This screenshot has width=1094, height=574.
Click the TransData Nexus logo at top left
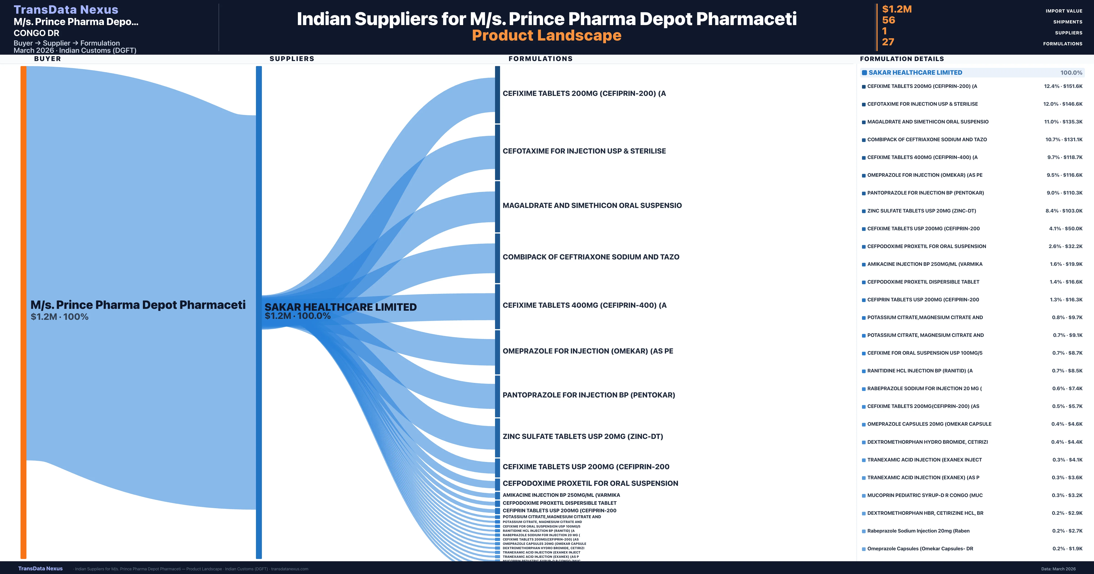(66, 9)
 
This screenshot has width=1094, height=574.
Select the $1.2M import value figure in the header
(897, 9)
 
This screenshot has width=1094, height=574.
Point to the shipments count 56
(888, 20)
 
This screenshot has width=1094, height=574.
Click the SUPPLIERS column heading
(292, 59)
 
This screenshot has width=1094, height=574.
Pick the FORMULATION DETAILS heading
(902, 59)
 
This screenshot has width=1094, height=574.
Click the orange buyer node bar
(23, 312)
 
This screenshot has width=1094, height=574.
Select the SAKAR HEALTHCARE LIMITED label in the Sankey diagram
(340, 307)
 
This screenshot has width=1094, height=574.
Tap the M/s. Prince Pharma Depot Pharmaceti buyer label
(138, 305)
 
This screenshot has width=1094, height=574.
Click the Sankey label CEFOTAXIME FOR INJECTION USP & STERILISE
(584, 151)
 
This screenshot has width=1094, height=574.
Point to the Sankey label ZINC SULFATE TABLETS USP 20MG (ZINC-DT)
(583, 436)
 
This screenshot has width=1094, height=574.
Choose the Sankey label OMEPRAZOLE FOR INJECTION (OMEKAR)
(588, 351)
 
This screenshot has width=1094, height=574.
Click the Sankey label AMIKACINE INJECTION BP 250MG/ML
(561, 495)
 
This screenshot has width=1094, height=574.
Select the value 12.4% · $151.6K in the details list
(1063, 86)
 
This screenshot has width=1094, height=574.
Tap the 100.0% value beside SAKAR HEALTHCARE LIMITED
(1071, 73)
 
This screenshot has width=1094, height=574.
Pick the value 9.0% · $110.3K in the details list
(1064, 193)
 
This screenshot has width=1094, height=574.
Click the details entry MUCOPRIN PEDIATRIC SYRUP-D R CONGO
(925, 495)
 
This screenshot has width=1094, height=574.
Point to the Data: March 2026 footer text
(1058, 569)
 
